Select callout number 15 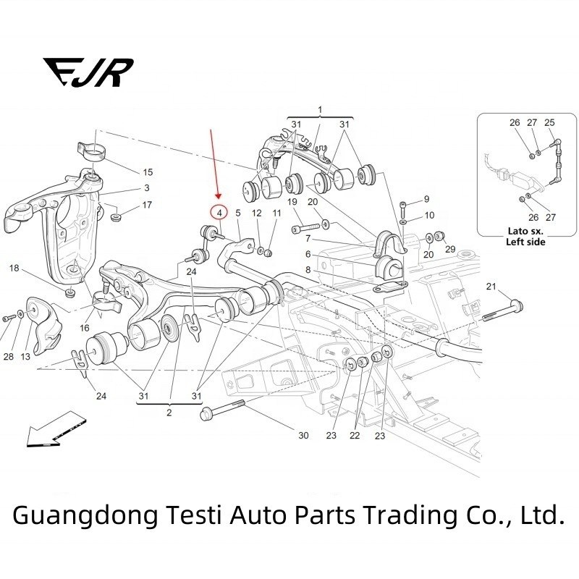click(147, 172)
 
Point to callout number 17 click(147, 205)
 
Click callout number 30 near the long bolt click(303, 435)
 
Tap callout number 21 click(491, 288)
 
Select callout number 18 click(14, 269)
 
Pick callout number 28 click(8, 357)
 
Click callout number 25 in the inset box click(549, 122)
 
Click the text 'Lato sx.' click(525, 231)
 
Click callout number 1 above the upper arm click(320, 109)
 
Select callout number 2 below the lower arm click(169, 413)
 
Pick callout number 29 click(450, 250)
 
